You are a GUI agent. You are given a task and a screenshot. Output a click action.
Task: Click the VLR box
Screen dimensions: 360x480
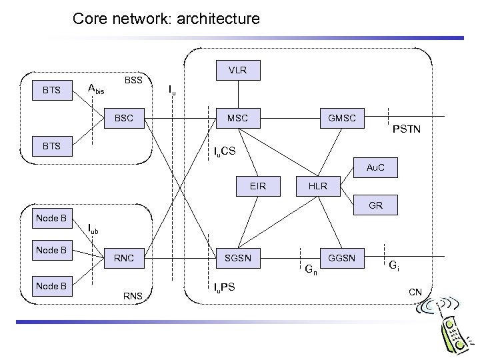[x=237, y=70]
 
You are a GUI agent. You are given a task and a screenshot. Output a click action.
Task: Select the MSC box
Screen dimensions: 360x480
[x=237, y=118]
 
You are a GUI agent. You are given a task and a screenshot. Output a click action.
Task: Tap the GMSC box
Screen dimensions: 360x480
[x=341, y=118]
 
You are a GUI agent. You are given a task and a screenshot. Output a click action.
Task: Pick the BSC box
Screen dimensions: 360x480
[x=124, y=118]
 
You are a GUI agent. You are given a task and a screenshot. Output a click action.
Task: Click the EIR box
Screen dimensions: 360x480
[x=257, y=186]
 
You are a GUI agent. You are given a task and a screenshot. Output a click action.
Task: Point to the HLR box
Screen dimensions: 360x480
[x=319, y=186]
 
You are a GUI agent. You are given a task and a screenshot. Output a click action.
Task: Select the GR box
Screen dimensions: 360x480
[x=375, y=205]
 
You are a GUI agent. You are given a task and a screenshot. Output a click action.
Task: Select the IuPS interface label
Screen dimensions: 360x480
[x=224, y=288]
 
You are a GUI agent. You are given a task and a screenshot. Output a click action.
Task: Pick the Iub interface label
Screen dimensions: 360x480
[x=93, y=229]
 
